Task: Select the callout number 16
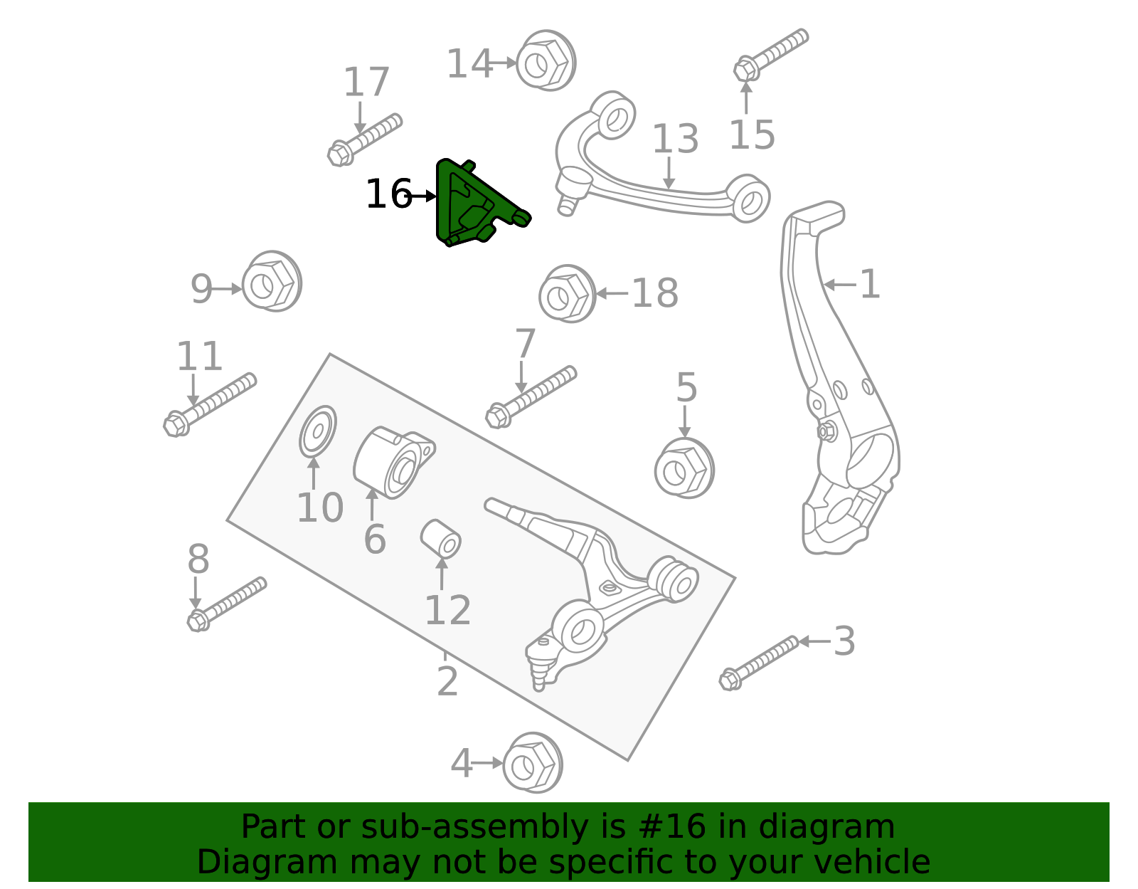click(x=388, y=194)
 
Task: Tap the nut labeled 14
click(x=544, y=62)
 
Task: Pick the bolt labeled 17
click(x=364, y=139)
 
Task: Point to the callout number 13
click(x=675, y=139)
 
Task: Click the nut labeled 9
click(x=271, y=283)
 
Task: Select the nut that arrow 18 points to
click(x=566, y=294)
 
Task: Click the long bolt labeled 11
click(x=209, y=404)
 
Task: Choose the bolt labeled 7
click(x=530, y=397)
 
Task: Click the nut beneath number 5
click(x=684, y=468)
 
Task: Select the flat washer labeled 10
click(x=317, y=431)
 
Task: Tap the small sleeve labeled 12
click(x=441, y=539)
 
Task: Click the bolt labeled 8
click(x=226, y=604)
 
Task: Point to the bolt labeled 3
click(x=758, y=658)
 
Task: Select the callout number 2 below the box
click(x=447, y=681)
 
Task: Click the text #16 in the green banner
click(x=672, y=827)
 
